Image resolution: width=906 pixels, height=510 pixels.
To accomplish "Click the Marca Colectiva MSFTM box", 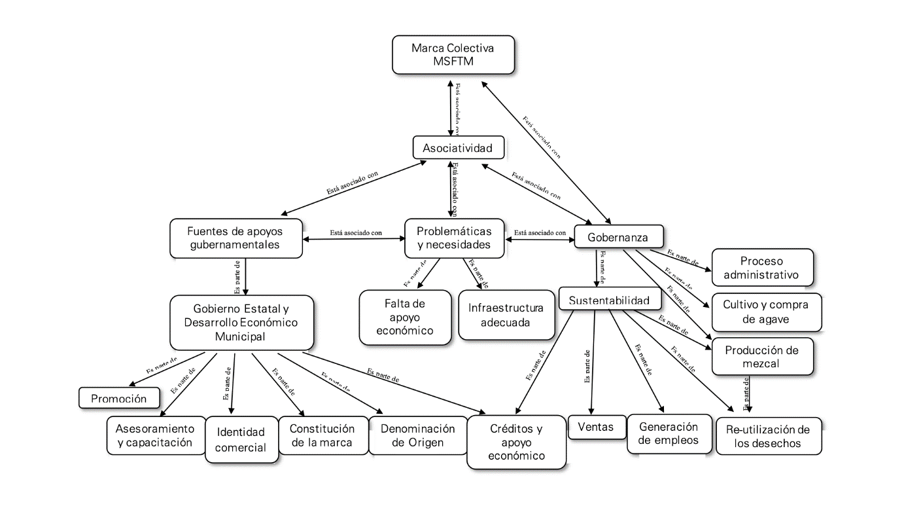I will click(x=453, y=54).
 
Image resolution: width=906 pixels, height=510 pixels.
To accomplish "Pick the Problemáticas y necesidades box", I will click(x=454, y=238).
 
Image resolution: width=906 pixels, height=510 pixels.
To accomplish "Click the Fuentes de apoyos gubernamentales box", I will click(x=237, y=238).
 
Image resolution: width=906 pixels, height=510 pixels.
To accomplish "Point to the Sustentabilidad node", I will click(x=608, y=300).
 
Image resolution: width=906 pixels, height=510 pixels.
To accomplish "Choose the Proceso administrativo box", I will click(x=761, y=266).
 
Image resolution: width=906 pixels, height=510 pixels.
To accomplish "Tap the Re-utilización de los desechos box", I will click(x=769, y=437).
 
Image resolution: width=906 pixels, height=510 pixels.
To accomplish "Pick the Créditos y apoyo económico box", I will click(x=516, y=442).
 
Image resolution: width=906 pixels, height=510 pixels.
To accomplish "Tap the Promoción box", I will click(x=119, y=397).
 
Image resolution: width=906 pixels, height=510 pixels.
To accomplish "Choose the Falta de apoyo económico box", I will click(x=406, y=317).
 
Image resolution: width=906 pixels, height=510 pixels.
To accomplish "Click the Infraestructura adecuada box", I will click(x=507, y=315).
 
